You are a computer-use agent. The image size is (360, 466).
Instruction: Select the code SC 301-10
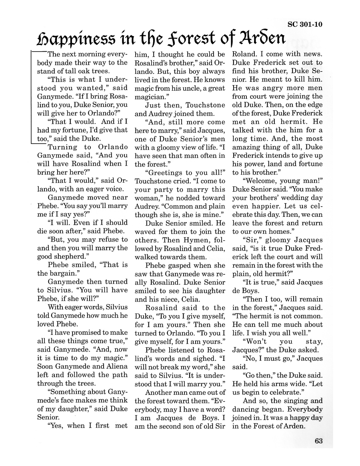[x=305, y=24]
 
